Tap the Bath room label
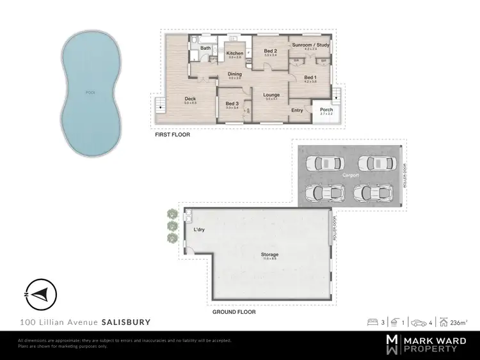(x=205, y=48)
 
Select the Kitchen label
(x=234, y=53)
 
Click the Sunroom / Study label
(x=307, y=45)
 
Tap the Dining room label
(x=235, y=74)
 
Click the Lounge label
(x=272, y=95)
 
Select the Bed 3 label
(x=232, y=104)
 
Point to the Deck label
(x=190, y=99)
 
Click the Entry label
(x=297, y=111)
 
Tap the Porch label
(x=326, y=109)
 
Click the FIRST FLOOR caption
(x=172, y=136)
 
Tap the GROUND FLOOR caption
(x=234, y=312)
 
